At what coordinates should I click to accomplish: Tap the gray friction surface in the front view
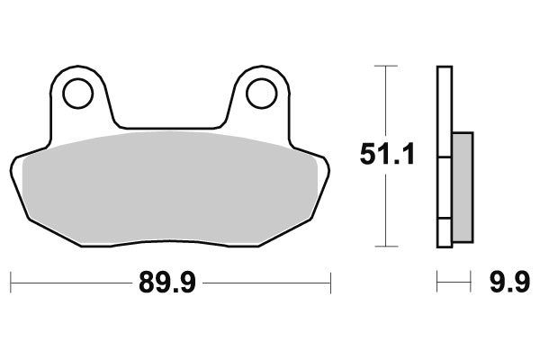coord(171,184)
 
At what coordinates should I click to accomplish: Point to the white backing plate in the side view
coord(444,108)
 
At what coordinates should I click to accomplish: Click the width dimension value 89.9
coord(169,283)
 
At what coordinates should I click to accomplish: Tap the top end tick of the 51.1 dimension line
coord(386,67)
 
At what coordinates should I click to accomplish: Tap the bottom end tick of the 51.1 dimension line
coord(386,246)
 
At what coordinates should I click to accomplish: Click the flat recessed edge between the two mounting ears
coord(168,127)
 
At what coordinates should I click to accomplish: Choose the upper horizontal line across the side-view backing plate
coord(444,158)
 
